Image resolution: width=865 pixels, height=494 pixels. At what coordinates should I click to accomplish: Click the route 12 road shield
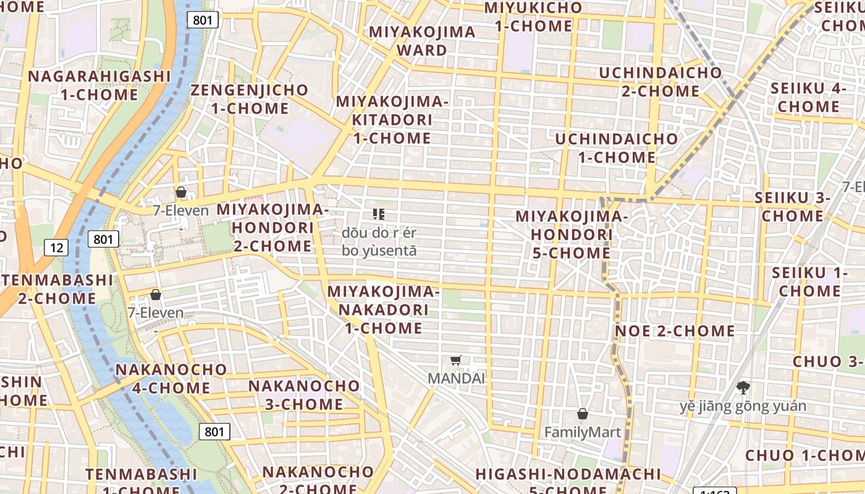[x=56, y=248]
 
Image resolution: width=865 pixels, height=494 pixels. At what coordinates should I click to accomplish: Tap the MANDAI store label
[x=457, y=378]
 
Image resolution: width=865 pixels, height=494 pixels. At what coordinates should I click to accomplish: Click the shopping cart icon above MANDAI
[x=456, y=360]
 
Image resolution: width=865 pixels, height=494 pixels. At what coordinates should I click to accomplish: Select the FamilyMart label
[x=582, y=432]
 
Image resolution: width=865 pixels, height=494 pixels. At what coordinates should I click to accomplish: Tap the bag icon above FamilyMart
[x=582, y=414]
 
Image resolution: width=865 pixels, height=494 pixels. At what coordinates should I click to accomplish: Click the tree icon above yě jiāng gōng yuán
[x=743, y=388]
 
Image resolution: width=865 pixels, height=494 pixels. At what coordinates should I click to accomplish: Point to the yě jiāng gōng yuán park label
[x=743, y=406]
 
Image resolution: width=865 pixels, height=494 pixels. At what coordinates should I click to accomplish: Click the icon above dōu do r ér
[x=379, y=214]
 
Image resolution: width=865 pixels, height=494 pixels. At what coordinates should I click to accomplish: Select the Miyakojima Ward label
[x=422, y=41]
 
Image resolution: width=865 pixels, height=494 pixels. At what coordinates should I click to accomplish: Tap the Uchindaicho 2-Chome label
[x=660, y=82]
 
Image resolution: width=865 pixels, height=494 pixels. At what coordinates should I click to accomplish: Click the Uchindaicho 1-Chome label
[x=616, y=148]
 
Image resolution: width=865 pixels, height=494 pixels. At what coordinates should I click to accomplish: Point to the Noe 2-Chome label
[x=675, y=331]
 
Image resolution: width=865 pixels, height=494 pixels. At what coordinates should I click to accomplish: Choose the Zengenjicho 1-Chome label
[x=250, y=99]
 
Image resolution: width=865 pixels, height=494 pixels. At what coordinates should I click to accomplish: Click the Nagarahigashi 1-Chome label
[x=99, y=85]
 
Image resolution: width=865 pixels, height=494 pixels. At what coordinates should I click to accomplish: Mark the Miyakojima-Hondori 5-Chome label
[x=571, y=235]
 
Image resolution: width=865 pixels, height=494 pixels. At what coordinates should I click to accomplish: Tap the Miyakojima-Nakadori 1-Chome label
[x=383, y=309]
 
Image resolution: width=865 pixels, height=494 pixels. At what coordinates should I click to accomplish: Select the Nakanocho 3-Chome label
[x=304, y=395]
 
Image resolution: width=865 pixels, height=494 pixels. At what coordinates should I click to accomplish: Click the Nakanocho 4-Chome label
[x=171, y=379]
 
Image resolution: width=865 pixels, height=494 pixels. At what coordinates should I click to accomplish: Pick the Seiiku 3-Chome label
[x=792, y=207]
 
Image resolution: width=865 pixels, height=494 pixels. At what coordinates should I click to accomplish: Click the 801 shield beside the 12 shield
[x=103, y=239]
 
